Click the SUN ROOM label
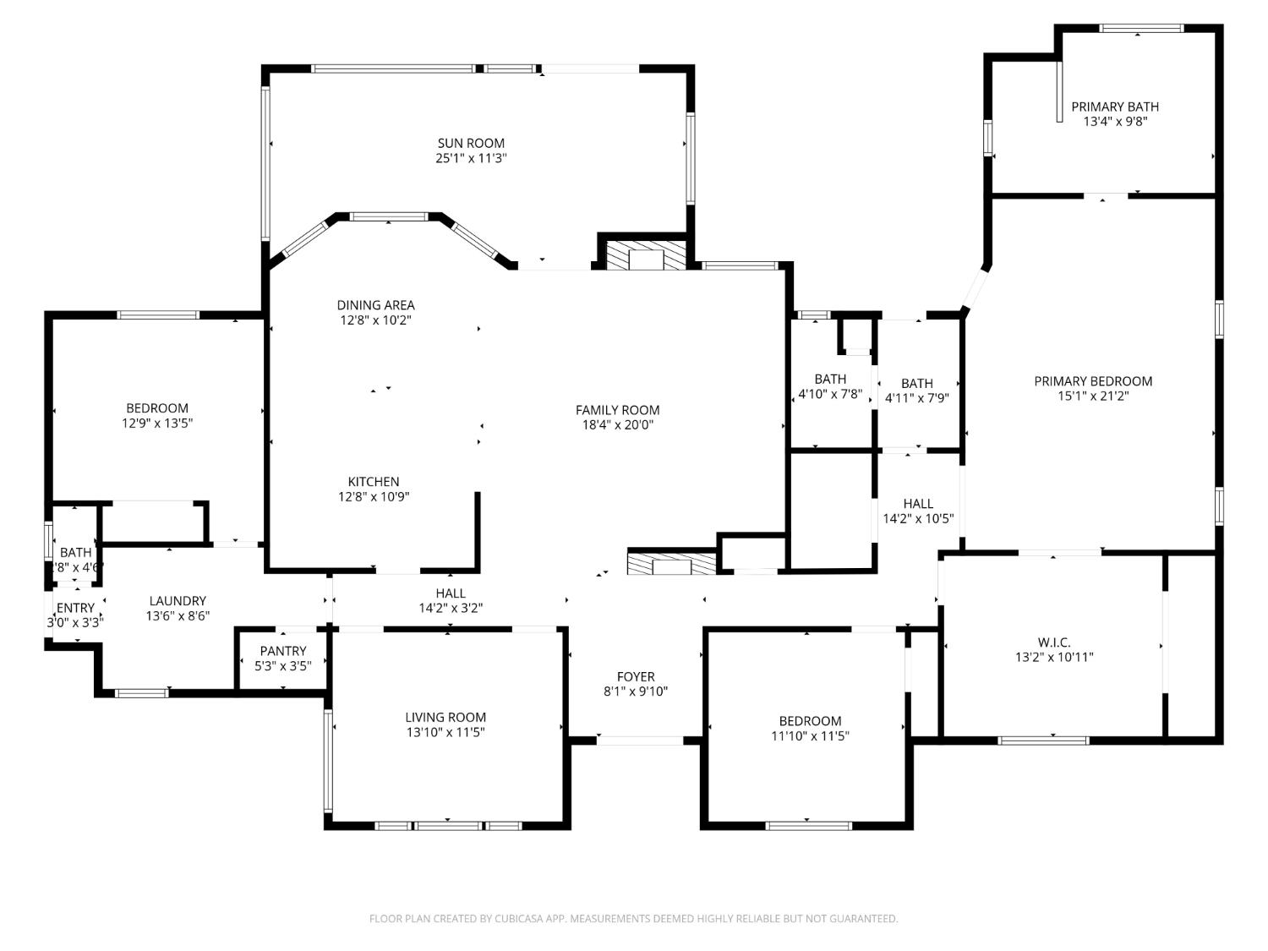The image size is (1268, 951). pos(471,143)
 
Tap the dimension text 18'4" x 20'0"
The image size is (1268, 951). pos(617,425)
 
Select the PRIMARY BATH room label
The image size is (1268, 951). pos(1115,107)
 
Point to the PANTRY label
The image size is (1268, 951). pos(283,651)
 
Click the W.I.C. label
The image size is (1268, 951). pos(1053,642)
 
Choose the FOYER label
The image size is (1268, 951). pos(636,676)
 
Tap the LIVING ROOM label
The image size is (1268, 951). pos(445,718)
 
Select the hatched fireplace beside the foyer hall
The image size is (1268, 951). pos(672,564)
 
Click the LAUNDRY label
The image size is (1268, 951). pos(178,601)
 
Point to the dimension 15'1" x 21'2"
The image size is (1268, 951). pos(1093,396)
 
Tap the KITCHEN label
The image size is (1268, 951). pos(374,482)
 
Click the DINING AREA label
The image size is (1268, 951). pos(375,305)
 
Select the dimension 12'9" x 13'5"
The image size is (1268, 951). pos(157,423)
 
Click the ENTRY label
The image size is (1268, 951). pos(75,608)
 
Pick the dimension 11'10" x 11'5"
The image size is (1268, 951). pos(810,735)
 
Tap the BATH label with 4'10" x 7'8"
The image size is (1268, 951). pos(830,379)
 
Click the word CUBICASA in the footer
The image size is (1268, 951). pos(517,919)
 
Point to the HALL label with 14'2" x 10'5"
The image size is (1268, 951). pos(918,504)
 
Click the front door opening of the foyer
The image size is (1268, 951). pos(640,741)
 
